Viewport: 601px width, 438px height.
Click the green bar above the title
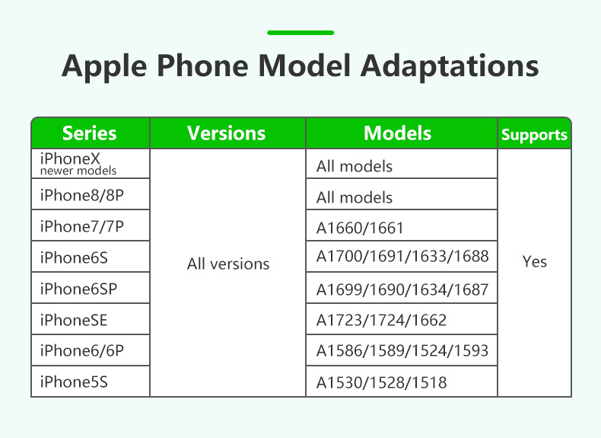click(x=300, y=33)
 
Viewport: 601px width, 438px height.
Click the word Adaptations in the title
click(x=450, y=66)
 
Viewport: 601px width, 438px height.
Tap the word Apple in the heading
click(x=104, y=66)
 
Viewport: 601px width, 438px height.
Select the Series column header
click(x=89, y=133)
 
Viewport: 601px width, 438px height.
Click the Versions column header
click(x=227, y=133)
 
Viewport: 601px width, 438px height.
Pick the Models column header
click(x=397, y=133)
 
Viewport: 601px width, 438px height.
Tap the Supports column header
click(x=534, y=135)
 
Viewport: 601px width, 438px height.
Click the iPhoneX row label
click(x=70, y=158)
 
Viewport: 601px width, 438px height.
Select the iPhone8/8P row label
click(x=82, y=195)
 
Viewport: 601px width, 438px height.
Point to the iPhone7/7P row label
click(x=82, y=226)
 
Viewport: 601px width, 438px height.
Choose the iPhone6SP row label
click(x=78, y=289)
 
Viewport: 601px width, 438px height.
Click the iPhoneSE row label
click(x=74, y=320)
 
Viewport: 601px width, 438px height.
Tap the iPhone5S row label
click(x=74, y=382)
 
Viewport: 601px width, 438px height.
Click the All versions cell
click(x=228, y=264)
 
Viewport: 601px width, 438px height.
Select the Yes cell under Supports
click(x=534, y=262)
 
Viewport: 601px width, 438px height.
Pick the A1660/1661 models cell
click(x=360, y=229)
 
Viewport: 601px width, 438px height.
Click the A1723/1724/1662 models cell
click(x=381, y=320)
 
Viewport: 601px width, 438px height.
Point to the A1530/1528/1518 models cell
click(x=381, y=382)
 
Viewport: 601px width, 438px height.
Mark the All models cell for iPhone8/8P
click(x=355, y=198)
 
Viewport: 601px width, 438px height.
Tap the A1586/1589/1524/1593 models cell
click(x=402, y=351)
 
